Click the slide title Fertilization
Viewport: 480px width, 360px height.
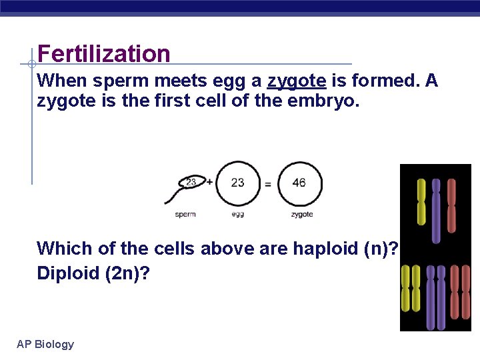[104, 53]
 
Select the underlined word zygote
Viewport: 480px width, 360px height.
[297, 81]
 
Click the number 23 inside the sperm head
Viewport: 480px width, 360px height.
[191, 181]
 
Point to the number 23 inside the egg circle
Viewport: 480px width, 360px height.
[237, 182]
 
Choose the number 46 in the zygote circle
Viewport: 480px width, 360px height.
[299, 182]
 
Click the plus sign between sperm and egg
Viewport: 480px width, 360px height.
[209, 181]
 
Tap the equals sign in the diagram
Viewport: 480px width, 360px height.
[268, 184]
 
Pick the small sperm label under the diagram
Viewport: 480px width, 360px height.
[185, 215]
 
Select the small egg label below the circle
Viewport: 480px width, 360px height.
[238, 215]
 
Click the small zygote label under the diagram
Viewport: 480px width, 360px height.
[302, 215]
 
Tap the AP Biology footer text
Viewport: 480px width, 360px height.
[45, 344]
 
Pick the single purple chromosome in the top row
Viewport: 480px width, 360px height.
[436, 210]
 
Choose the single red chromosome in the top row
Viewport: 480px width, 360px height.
[451, 205]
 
